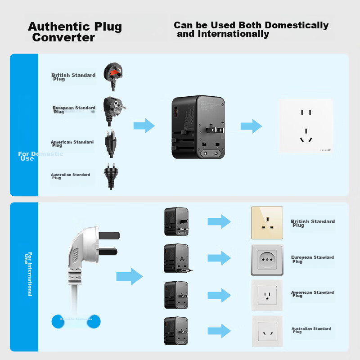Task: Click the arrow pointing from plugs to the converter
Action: (144, 126)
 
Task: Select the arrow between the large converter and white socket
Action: (251, 126)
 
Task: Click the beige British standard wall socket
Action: (267, 222)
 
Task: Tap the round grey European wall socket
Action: (267, 260)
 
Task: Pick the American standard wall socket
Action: (267, 295)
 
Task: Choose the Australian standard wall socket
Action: (267, 331)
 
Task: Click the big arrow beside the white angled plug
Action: (129, 276)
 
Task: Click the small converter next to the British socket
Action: (176, 221)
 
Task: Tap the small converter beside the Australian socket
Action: (176, 331)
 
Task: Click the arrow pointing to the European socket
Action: (219, 258)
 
